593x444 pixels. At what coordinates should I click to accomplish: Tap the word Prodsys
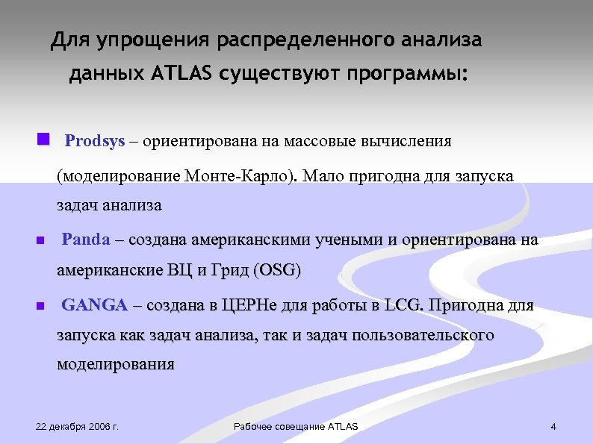click(x=95, y=141)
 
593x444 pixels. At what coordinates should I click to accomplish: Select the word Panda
click(x=85, y=240)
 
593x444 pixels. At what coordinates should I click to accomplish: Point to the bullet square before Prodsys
click(x=43, y=140)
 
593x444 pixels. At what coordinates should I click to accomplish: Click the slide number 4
click(x=553, y=427)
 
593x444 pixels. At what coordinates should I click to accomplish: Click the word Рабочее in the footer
click(x=252, y=427)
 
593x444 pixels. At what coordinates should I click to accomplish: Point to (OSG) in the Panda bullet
click(x=278, y=270)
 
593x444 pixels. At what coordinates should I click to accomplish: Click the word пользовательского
click(x=429, y=335)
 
